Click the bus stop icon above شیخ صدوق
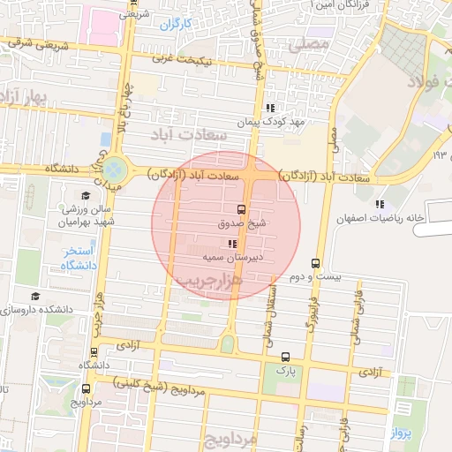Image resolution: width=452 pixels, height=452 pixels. point(241,210)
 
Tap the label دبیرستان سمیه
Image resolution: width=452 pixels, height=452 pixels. point(231,258)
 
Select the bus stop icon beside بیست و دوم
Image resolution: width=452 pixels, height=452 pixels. point(316,263)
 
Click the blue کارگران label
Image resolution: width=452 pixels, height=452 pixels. point(176,24)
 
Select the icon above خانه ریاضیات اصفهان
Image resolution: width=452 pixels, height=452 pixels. point(380,204)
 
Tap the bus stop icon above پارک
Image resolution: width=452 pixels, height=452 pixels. point(284,357)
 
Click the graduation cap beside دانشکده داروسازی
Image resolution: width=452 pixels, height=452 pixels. point(34,297)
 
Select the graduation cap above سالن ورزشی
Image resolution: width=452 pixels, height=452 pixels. point(86,195)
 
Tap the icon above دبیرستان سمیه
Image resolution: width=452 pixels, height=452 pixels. point(231,244)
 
